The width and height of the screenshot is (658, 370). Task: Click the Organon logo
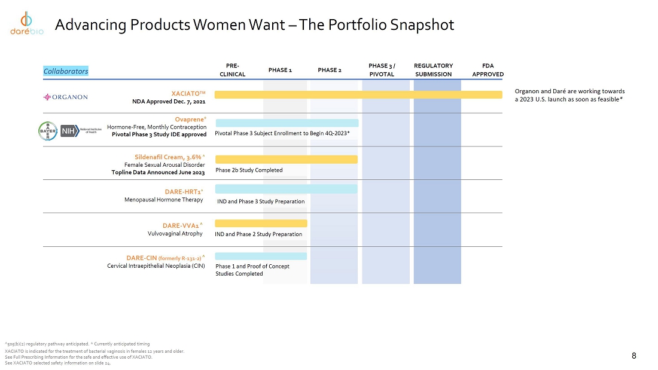66,97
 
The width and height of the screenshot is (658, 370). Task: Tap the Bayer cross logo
48,130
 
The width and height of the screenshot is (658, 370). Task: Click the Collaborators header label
66,71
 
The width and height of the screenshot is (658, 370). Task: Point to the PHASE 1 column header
280,70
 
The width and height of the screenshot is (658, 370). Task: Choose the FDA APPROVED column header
488,70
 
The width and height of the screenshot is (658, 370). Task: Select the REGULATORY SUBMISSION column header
433,70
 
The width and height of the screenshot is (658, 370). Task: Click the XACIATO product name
188,93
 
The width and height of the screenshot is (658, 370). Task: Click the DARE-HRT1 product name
184,192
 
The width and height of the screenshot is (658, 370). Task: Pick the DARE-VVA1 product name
182,225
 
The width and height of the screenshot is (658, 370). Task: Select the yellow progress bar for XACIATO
358,94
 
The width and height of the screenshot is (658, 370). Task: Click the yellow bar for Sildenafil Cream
286,159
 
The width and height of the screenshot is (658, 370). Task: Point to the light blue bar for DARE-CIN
261,256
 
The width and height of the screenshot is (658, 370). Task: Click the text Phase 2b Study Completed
249,170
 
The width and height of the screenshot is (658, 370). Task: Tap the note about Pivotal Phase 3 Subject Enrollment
282,133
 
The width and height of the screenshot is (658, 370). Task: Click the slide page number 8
633,356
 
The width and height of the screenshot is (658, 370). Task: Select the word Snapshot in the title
421,25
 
